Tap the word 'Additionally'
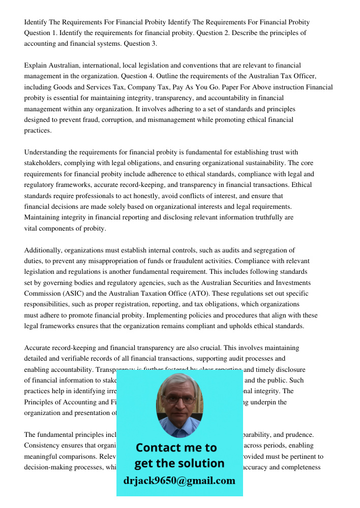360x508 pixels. tap(44, 250)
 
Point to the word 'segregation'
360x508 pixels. tap(268, 250)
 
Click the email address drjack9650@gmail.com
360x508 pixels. tap(179, 481)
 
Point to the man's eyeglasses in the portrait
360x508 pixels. tap(178, 399)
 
